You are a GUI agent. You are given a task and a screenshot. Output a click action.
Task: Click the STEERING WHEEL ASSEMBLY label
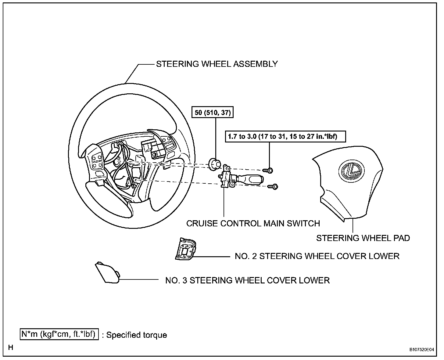217,64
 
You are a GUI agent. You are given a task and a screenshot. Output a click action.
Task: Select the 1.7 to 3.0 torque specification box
285,136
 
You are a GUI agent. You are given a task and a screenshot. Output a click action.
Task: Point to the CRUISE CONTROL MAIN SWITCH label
253,224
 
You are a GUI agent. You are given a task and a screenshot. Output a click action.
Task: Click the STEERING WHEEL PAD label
363,238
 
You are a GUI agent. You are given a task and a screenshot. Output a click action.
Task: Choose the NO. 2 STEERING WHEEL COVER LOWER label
317,256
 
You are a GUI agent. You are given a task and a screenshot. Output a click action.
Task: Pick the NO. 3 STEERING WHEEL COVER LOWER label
247,280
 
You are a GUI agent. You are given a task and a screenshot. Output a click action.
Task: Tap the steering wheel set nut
215,164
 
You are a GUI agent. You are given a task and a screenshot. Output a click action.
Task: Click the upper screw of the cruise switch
269,170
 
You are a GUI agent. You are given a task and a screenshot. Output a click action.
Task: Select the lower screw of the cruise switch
273,186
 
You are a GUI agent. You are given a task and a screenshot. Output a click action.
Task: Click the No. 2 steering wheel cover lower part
185,249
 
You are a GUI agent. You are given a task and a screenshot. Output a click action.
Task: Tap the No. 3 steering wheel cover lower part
107,273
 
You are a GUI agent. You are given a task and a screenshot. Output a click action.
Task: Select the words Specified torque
137,335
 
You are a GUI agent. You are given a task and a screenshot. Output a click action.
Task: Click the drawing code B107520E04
422,350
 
